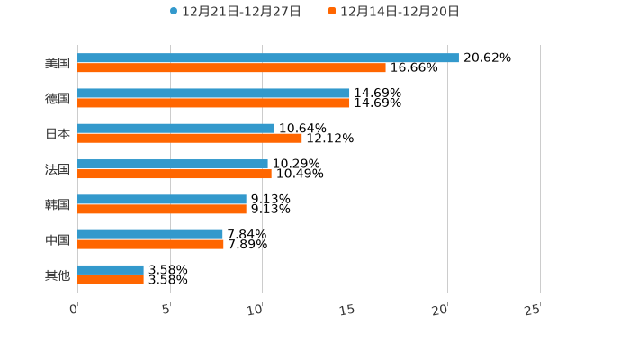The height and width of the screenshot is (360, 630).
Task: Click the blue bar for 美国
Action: tap(268, 58)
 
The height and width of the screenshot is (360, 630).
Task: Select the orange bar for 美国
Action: tap(231, 67)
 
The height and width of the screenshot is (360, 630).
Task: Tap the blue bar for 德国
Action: tap(213, 93)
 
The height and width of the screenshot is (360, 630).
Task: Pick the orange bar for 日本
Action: tap(190, 139)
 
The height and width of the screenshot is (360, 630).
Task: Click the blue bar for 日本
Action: tap(175, 129)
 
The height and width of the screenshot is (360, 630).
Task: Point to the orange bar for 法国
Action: tap(175, 174)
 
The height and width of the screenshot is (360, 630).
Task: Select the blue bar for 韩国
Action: tap(162, 199)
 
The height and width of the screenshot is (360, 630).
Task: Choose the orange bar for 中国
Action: tap(150, 244)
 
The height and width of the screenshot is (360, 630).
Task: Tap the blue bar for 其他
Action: tap(111, 269)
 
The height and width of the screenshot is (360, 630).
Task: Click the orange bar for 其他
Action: tap(111, 280)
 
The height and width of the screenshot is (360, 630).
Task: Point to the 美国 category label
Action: tap(58, 63)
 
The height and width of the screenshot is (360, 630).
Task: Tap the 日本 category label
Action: tap(58, 133)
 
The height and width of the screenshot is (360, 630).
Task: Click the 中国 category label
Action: tap(58, 239)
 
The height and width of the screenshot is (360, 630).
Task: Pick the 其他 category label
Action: tap(58, 274)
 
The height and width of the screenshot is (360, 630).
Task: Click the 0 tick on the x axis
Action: tap(75, 310)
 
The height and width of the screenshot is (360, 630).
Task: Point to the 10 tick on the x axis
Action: tap(256, 310)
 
